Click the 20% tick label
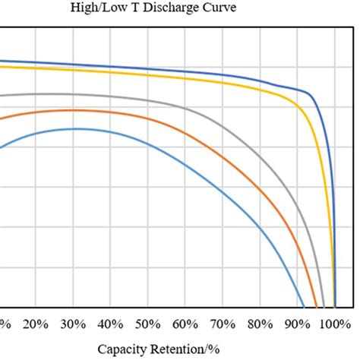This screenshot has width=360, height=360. click(36, 324)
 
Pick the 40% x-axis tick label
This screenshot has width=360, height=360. click(110, 324)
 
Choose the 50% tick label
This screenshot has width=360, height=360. click(147, 324)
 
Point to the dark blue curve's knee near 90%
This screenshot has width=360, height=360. click(308, 93)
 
